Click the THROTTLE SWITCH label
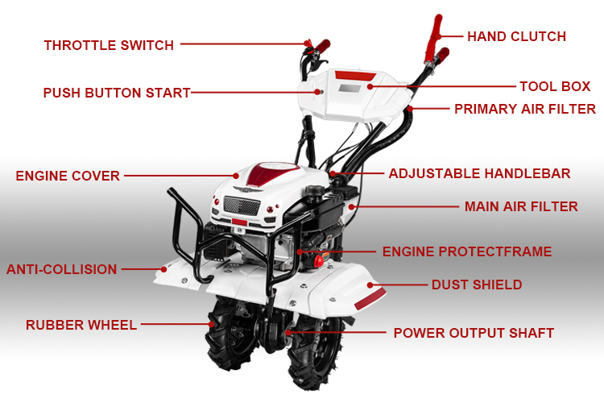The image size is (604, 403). coord(109,45)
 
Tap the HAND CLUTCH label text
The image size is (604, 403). coord(516,36)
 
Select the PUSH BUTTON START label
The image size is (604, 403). coord(117,93)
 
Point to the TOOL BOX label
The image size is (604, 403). coord(555,86)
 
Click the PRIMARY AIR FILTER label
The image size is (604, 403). coord(525,109)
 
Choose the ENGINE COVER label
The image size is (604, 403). coord(68,176)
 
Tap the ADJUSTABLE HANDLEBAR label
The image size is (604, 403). coord(480,173)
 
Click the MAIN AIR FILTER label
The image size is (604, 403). coord(521,206)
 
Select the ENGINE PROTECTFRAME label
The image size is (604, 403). coord(467,251)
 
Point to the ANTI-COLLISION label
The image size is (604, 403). coord(62,269)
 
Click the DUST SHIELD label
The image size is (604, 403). coord(477,285)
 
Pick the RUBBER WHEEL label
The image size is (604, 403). coord(81,325)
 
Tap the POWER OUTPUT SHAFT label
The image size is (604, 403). coord(474,333)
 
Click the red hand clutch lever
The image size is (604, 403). coord(434,38)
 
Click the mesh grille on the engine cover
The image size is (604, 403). coord(242,206)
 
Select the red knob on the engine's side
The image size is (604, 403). coord(319,261)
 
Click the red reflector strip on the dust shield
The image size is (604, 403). coord(370,299)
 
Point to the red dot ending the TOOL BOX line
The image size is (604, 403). coord(370,87)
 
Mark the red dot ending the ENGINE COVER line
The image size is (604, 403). coord(236,176)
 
